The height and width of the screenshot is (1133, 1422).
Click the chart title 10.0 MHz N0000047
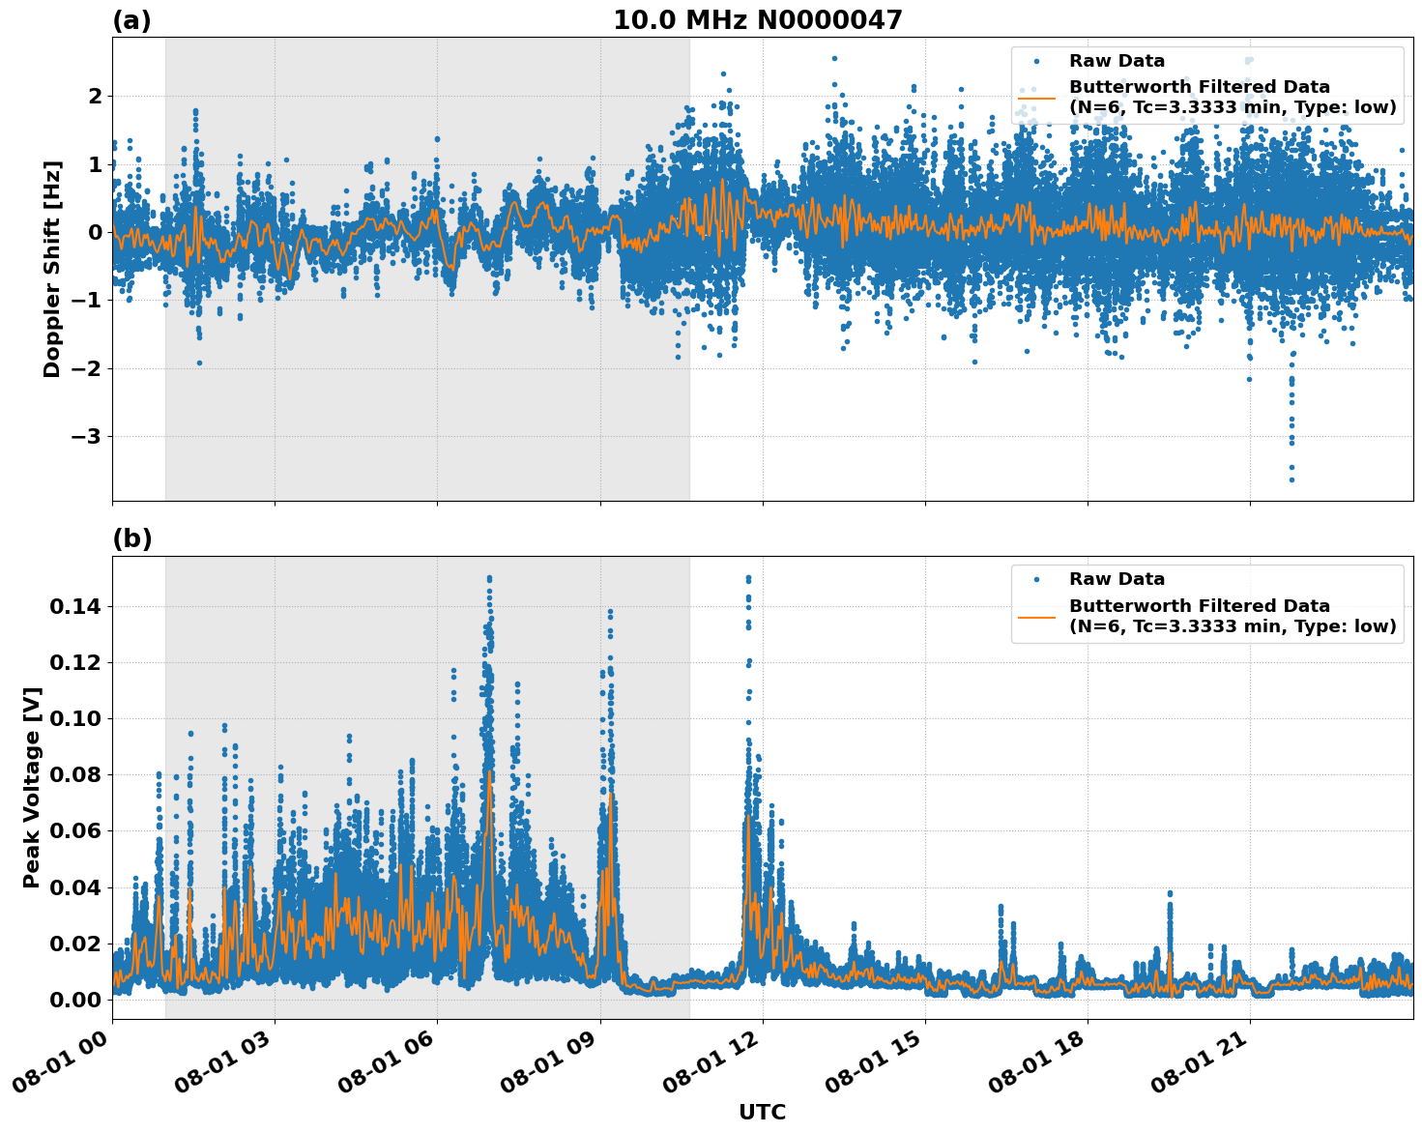(x=757, y=20)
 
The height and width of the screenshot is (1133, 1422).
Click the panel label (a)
(x=131, y=20)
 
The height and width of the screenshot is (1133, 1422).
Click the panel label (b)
(x=131, y=539)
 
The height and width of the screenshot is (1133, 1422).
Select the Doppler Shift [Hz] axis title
(x=52, y=269)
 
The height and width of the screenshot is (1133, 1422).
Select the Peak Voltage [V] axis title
(x=32, y=788)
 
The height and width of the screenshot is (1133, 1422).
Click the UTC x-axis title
(x=762, y=1112)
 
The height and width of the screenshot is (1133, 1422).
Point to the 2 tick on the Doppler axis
(x=95, y=97)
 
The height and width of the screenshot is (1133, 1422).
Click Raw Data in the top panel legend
(x=1117, y=62)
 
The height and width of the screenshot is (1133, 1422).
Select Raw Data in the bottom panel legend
(x=1117, y=580)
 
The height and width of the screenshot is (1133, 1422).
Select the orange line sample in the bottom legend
(x=1036, y=616)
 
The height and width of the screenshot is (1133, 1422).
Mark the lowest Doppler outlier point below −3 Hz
(x=1291, y=479)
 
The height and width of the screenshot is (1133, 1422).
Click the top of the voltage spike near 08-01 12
(x=747, y=578)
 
